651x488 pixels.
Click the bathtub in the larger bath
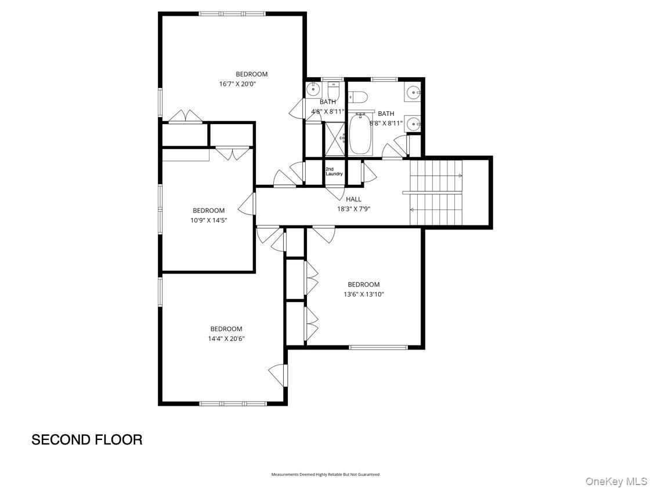[360, 136]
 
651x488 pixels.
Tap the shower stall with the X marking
[333, 140]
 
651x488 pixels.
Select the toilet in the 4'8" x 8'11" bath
[334, 90]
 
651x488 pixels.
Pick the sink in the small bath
[313, 89]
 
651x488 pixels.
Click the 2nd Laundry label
[334, 172]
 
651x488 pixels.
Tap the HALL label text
[353, 199]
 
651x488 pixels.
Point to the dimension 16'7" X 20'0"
[237, 84]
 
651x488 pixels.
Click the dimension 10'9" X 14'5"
[208, 220]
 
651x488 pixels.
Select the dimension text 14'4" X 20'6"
[226, 339]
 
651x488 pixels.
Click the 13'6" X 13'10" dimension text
[364, 294]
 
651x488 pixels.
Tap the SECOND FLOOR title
[87, 440]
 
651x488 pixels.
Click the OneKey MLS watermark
[616, 482]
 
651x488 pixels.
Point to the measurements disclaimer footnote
[325, 475]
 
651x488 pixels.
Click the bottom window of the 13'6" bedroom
[378, 347]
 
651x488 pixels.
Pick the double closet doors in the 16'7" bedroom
[186, 117]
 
